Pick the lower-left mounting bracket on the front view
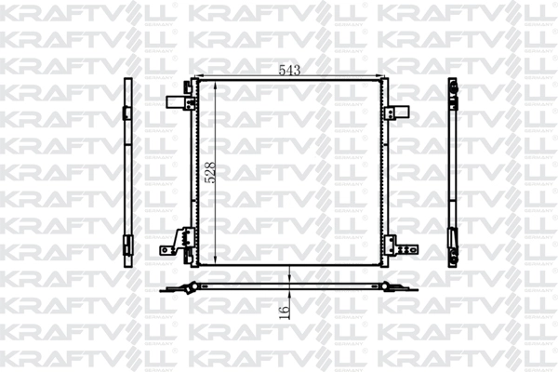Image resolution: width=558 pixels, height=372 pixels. tap(172, 245)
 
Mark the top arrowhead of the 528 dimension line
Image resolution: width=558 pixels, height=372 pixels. tap(216, 84)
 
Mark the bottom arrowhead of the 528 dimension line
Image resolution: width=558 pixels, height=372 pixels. tap(216, 261)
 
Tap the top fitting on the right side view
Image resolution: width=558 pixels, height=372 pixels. tap(455, 87)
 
